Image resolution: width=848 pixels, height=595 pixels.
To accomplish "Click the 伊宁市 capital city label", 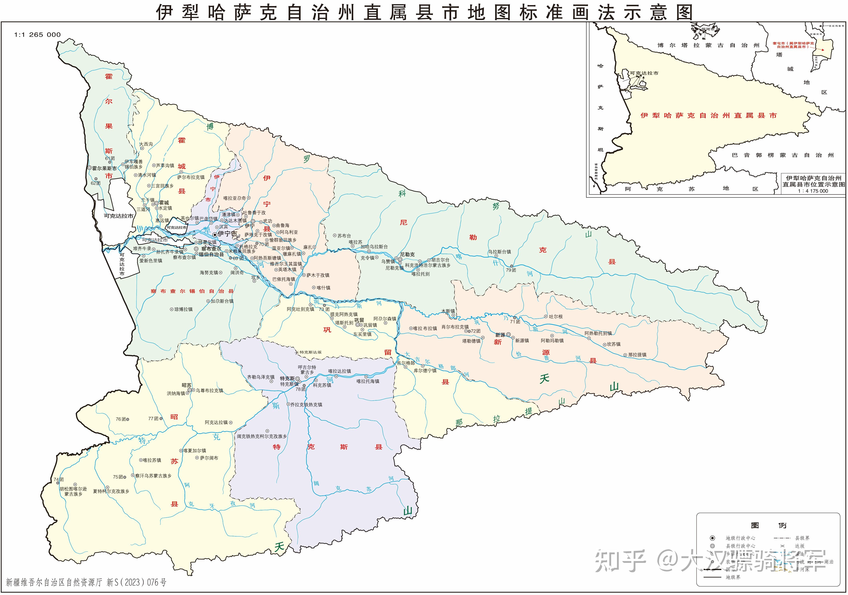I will [x=227, y=234].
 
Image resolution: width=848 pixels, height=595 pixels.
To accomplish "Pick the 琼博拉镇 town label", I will [x=183, y=309].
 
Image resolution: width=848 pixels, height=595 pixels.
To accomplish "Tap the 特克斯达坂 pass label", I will [x=310, y=352].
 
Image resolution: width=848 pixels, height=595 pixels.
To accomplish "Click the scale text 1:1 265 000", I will [x=37, y=35].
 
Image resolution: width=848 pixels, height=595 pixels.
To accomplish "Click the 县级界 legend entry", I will [x=802, y=538].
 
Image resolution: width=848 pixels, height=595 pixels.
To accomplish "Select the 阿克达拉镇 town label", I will [x=216, y=422].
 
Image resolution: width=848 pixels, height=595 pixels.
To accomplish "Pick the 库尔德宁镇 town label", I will [x=425, y=371].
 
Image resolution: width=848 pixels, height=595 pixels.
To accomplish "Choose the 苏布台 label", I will [x=344, y=236].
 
